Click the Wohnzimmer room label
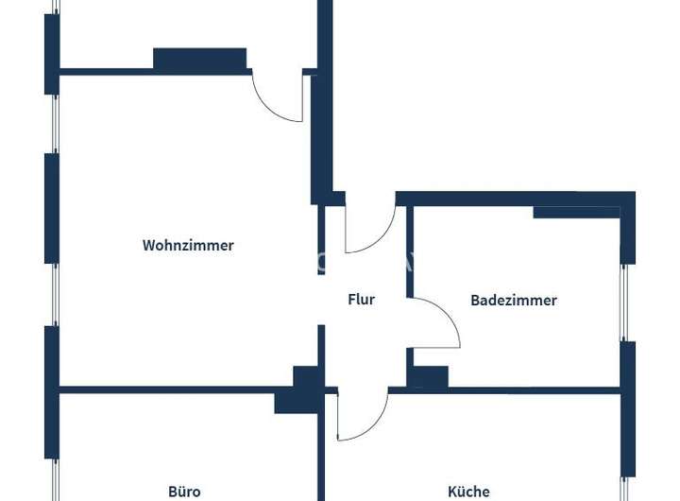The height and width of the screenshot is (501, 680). pos(188,245)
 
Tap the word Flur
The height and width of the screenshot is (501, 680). pos(362,300)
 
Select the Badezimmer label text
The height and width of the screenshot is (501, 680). pos(514,301)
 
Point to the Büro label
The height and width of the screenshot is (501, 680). pos(184,492)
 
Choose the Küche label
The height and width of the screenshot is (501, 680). pos(468,492)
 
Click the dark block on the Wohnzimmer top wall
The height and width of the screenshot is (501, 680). pos(200,59)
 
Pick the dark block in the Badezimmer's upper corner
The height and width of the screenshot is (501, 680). pos(576,212)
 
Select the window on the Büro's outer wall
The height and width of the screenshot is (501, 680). pos(53,444)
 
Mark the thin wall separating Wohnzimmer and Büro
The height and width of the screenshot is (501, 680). pos(170,389)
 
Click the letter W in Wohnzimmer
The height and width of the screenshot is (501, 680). pos(148,245)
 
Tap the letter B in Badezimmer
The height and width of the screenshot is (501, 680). pos(475,301)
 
